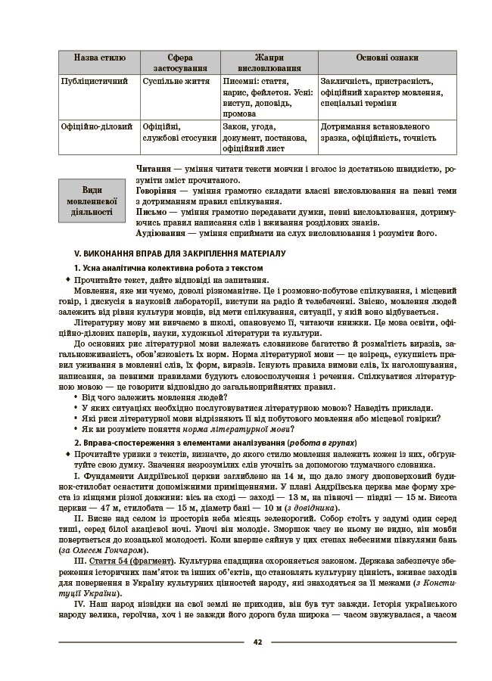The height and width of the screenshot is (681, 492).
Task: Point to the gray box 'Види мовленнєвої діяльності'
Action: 92,201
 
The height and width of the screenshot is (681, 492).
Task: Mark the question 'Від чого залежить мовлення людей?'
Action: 149,396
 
